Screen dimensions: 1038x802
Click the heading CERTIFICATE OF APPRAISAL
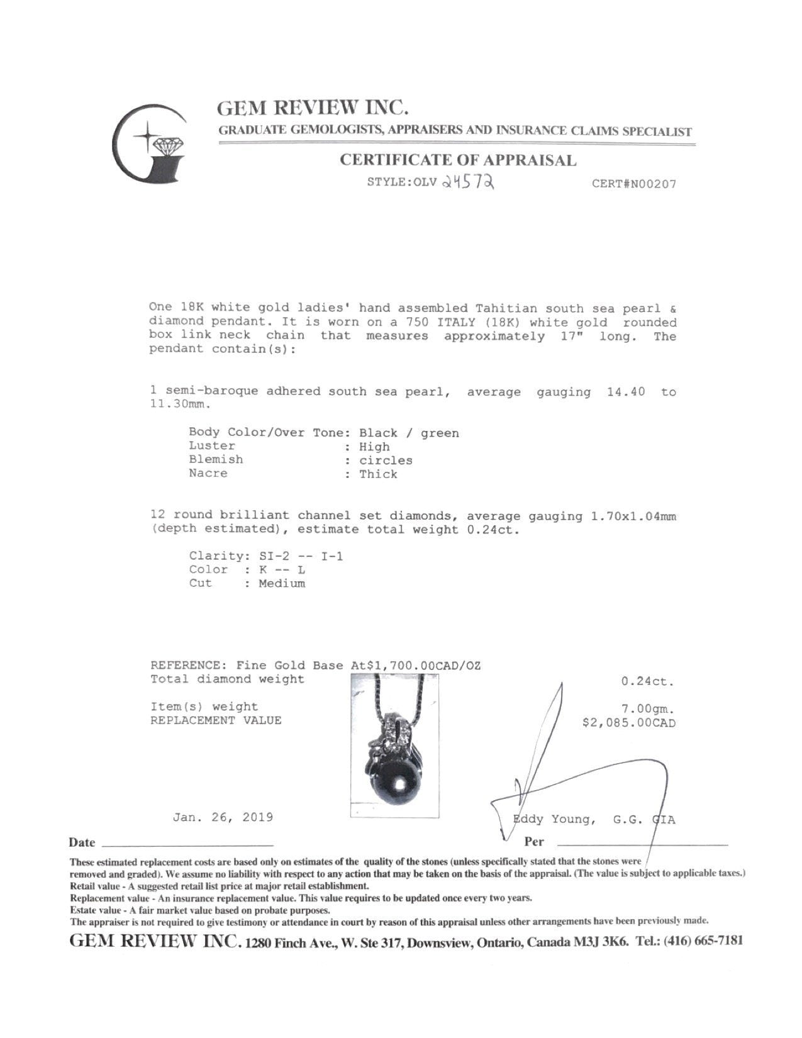(x=457, y=160)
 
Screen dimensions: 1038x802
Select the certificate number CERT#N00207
(x=634, y=184)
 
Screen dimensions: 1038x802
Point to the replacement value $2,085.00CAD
(x=629, y=723)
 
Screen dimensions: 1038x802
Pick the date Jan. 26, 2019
(x=223, y=817)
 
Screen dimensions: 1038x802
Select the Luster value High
(x=374, y=447)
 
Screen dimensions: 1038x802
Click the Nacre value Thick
(x=378, y=474)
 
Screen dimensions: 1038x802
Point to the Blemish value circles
(x=386, y=460)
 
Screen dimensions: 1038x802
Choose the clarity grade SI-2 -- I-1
(x=301, y=556)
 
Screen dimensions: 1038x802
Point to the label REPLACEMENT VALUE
(x=216, y=720)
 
